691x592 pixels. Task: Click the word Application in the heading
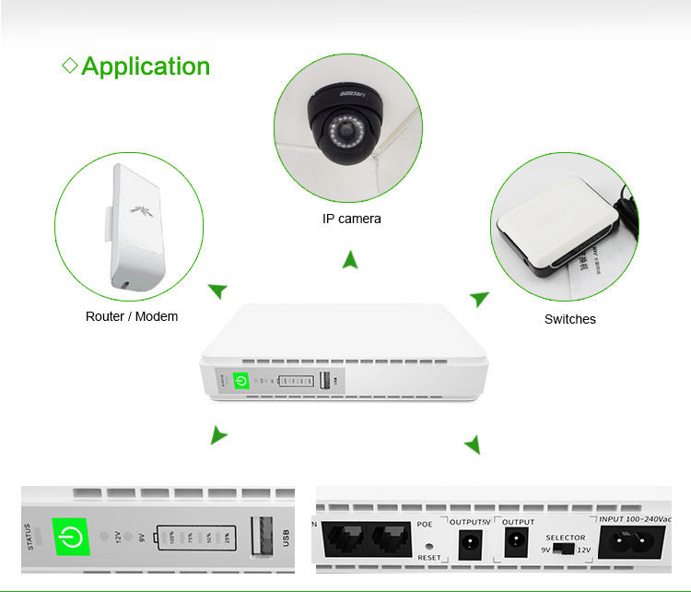(146, 66)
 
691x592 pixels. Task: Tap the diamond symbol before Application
(69, 65)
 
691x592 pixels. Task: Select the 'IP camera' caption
(351, 219)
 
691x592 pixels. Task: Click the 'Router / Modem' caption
(132, 316)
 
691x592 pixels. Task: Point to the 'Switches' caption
(569, 319)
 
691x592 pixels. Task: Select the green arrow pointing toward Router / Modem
(217, 291)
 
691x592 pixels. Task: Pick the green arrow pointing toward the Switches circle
(479, 299)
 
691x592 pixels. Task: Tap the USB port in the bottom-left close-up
(264, 536)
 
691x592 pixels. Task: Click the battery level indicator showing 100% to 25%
(195, 537)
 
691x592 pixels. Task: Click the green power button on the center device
(241, 380)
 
